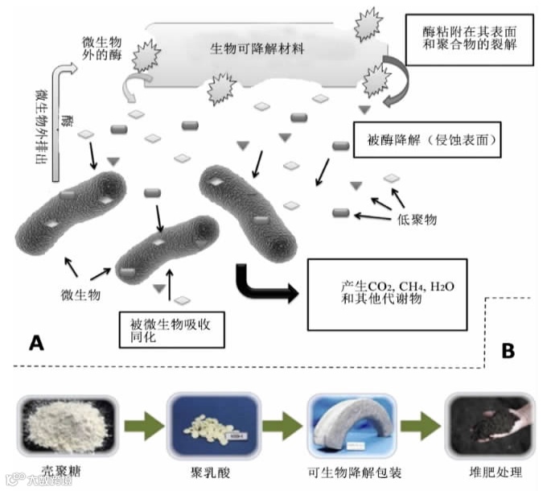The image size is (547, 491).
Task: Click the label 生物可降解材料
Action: pos(257,48)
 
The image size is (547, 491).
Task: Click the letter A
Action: pos(35,344)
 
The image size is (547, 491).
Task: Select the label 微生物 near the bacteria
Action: pos(80,295)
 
